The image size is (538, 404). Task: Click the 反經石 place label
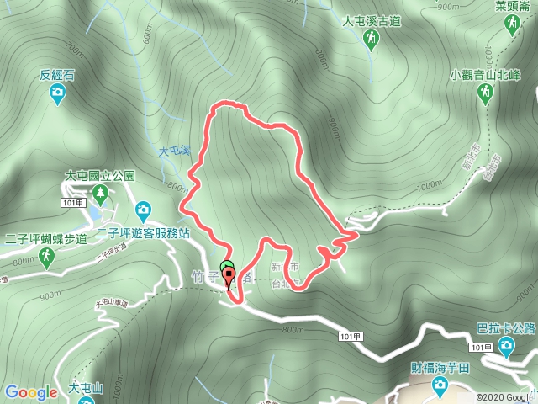click(57, 75)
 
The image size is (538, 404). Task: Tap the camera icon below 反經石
click(57, 96)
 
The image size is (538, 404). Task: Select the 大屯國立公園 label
click(99, 176)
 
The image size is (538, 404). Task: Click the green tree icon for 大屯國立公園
click(101, 195)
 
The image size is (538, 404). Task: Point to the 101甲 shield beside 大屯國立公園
click(73, 203)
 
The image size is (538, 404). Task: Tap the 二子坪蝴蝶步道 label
click(45, 238)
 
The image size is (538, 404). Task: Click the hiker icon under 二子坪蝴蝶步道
click(48, 256)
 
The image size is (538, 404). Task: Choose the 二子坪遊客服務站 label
click(144, 231)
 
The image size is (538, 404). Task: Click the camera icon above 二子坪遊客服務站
click(144, 209)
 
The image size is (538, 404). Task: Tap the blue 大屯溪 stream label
click(175, 151)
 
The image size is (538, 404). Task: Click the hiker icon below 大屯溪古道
click(371, 39)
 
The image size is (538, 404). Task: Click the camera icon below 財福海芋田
click(439, 386)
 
